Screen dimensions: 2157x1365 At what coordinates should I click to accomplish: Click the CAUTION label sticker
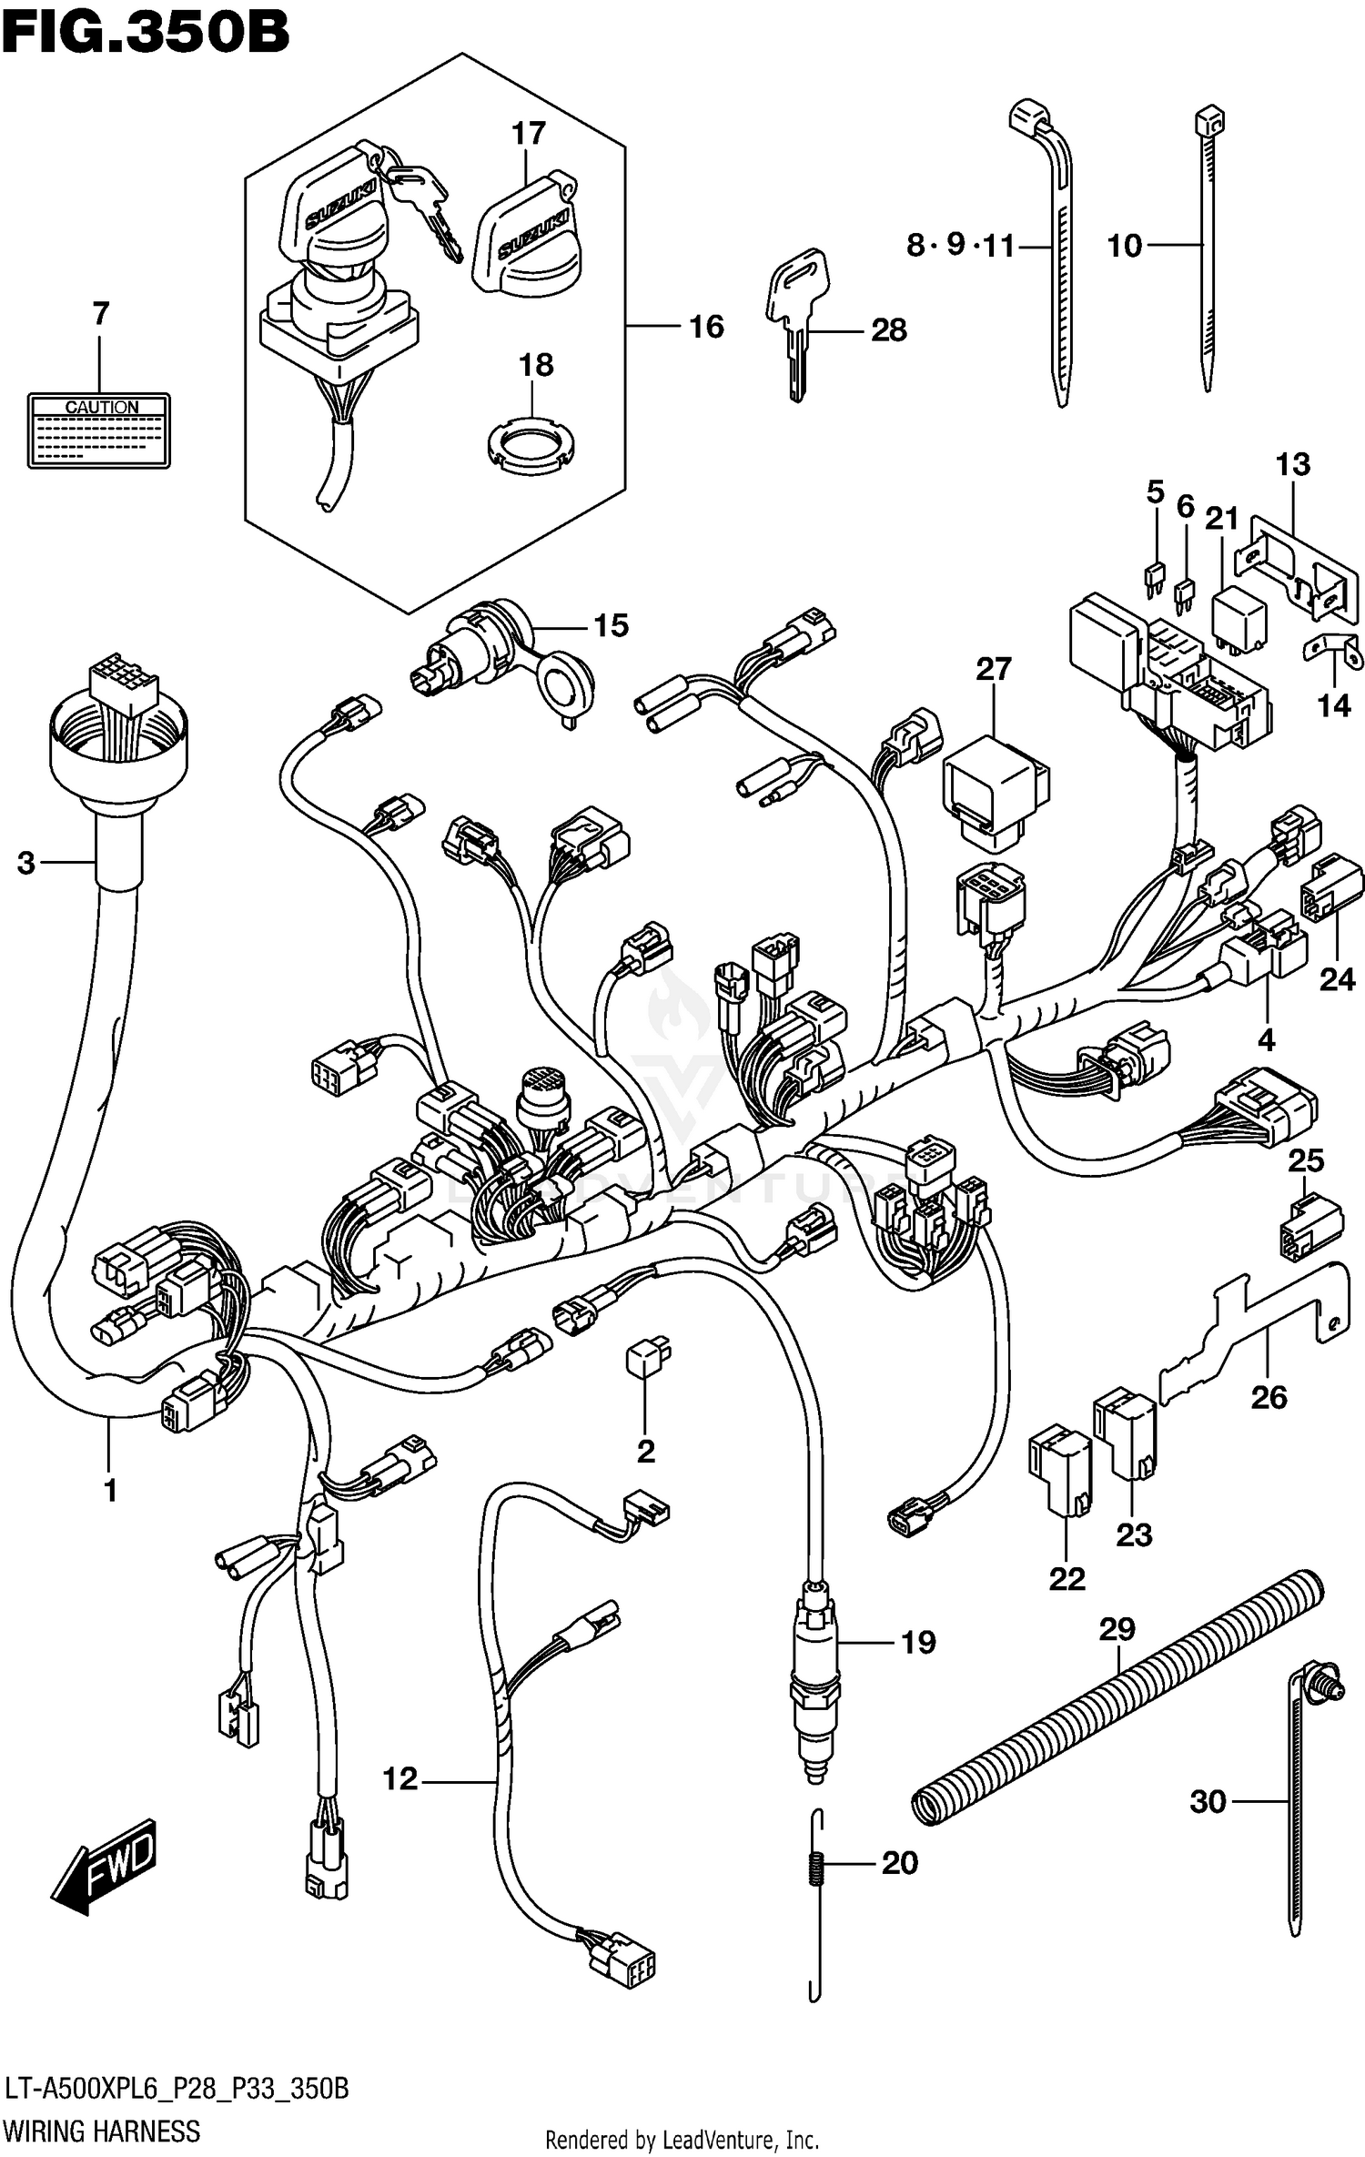[98, 430]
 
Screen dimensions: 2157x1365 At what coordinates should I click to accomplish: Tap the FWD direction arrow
[106, 1866]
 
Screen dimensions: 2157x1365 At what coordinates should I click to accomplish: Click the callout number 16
[706, 327]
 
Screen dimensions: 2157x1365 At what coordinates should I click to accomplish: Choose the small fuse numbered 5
[1154, 579]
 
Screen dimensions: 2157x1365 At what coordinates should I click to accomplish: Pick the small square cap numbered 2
[647, 1359]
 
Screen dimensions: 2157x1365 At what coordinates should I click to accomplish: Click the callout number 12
[399, 1778]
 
